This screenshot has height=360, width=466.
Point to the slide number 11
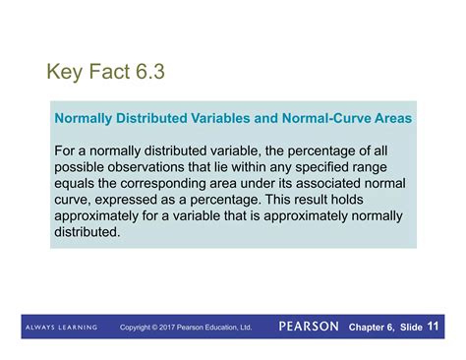(x=434, y=326)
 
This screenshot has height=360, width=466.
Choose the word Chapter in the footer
(x=370, y=326)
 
